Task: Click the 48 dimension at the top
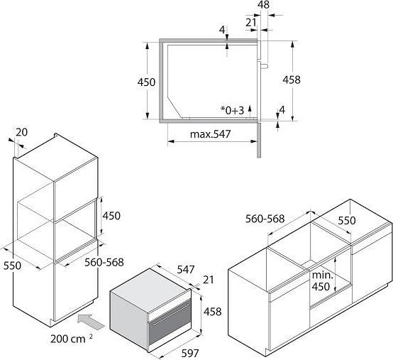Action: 263,4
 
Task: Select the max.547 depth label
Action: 210,134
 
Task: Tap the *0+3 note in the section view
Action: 232,110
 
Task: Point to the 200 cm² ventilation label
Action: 72,339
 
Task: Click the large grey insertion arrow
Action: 91,321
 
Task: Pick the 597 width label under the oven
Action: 190,354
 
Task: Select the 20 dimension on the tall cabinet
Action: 21,132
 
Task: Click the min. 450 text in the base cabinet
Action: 322,281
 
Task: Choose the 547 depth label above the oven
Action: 185,270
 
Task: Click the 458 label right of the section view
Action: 292,80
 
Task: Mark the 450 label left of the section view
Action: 146,82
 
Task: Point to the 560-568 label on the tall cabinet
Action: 104,263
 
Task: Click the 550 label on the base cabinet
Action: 347,221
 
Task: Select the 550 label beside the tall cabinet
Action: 12,266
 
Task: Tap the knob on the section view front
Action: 265,66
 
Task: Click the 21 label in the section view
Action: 251,23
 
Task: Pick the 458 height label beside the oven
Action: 212,312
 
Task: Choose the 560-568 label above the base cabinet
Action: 265,219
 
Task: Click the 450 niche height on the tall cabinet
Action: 111,216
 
